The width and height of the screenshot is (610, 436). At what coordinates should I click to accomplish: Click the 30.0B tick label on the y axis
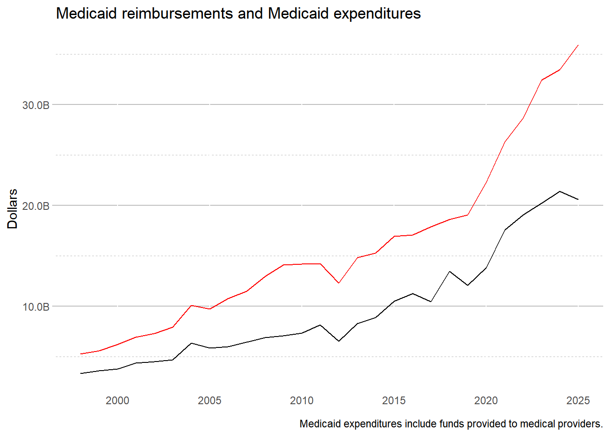(35, 105)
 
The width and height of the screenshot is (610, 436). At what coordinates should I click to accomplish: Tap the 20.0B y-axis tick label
(35, 206)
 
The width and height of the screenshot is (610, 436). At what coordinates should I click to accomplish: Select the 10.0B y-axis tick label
(35, 307)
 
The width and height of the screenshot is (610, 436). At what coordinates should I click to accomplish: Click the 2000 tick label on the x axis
(118, 401)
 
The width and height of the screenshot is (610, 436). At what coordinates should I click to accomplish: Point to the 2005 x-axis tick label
(210, 401)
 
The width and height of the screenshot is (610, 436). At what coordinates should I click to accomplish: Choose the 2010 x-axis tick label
(302, 401)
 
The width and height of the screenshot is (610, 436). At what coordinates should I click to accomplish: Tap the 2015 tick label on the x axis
(394, 401)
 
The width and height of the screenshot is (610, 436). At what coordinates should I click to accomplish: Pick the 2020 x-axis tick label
(486, 401)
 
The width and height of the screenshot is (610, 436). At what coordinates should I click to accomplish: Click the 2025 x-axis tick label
(578, 401)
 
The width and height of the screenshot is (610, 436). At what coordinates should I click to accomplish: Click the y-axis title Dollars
(12, 209)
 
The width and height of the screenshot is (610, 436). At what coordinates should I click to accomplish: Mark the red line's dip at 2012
(339, 283)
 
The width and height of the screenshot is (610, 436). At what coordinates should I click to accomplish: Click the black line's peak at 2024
(560, 191)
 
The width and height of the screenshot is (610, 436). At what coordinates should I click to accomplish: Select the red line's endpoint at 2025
(578, 45)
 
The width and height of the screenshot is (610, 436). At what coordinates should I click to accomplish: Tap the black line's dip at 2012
(339, 341)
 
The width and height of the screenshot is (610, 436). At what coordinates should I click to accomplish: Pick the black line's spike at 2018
(449, 271)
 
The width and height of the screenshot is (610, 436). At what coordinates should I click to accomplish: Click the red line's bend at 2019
(467, 215)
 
